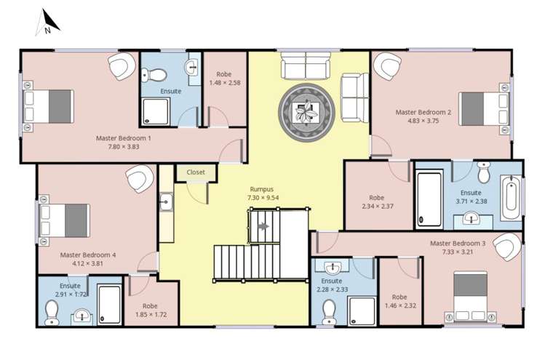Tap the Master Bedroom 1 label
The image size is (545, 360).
pyautogui.click(x=124, y=137)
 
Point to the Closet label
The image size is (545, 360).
pyautogui.click(x=196, y=172)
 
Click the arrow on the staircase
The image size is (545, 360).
pyautogui.click(x=263, y=226)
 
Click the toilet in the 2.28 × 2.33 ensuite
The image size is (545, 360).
pyautogui.click(x=328, y=311)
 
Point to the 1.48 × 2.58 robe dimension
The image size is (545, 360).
pyautogui.click(x=224, y=82)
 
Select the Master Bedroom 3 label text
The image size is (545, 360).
pyautogui.click(x=458, y=243)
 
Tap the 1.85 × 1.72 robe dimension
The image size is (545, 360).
pyautogui.click(x=151, y=315)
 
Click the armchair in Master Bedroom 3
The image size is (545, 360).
pyautogui.click(x=506, y=247)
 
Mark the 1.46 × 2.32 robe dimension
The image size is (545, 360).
pyautogui.click(x=399, y=306)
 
